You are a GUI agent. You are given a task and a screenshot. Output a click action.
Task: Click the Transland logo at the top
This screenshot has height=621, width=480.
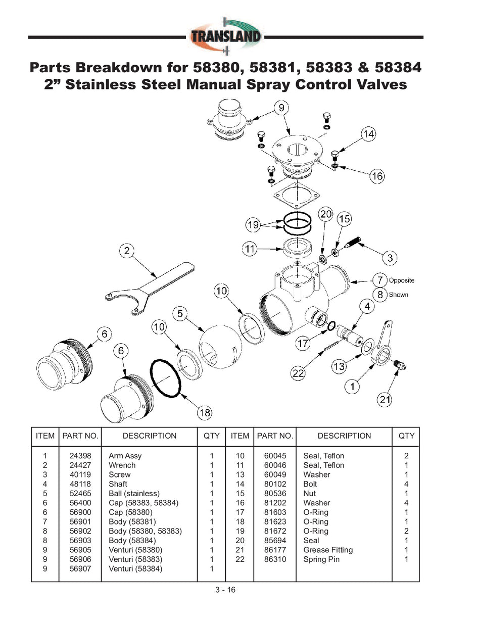(226, 36)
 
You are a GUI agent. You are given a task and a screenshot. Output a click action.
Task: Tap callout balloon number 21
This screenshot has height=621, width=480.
(385, 400)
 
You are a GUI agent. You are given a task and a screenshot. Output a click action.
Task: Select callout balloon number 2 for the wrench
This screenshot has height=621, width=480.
(127, 250)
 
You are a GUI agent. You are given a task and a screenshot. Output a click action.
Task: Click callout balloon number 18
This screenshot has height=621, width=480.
(205, 413)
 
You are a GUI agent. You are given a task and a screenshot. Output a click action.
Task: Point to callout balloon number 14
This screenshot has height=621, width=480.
(368, 134)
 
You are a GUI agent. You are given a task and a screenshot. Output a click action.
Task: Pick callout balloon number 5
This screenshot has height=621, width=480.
(180, 313)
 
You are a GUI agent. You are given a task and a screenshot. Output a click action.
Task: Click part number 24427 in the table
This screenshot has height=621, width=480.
(80, 465)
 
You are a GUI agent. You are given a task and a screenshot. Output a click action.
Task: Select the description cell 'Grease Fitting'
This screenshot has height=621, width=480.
(328, 550)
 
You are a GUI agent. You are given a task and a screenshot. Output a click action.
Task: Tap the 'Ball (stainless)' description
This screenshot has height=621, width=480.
(134, 493)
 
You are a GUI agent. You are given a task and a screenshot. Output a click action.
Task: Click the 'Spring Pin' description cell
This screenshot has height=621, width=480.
(321, 559)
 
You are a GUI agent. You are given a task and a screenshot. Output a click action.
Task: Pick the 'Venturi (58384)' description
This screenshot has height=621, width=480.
(135, 568)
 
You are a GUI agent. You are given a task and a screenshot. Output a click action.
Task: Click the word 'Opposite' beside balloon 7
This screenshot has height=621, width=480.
(402, 280)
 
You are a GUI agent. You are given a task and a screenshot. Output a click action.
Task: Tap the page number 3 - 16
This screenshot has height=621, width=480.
(225, 590)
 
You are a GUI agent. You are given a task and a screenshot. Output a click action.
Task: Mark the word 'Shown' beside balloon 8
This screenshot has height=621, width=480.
(399, 295)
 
